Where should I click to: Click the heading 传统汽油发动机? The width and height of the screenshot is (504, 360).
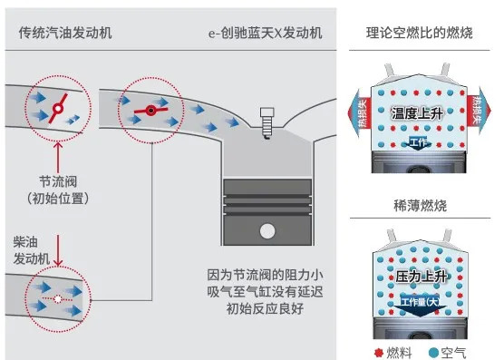click(65, 33)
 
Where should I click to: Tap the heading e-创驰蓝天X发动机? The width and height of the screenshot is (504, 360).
click(266, 33)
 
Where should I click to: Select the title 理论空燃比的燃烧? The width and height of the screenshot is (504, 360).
click(420, 33)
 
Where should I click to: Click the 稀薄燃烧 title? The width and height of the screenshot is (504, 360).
click(420, 206)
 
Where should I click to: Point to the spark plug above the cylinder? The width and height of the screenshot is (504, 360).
click(267, 123)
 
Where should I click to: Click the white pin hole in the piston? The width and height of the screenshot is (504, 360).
click(267, 231)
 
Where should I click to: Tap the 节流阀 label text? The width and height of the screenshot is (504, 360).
click(58, 181)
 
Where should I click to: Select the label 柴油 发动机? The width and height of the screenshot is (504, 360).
click(31, 250)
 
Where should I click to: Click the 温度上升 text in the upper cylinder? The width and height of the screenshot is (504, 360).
click(417, 113)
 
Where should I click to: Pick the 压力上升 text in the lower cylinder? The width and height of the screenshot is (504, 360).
click(422, 277)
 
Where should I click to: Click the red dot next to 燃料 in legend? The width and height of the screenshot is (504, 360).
click(379, 353)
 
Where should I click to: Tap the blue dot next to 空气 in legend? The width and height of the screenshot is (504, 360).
click(433, 353)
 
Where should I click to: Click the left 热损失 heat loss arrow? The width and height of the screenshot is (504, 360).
click(359, 112)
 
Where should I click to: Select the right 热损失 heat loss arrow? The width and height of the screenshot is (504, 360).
click(479, 111)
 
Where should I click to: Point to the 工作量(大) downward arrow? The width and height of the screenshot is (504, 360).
click(420, 306)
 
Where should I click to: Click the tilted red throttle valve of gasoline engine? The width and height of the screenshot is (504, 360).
click(58, 108)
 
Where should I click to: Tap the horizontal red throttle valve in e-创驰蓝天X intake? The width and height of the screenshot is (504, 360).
click(150, 111)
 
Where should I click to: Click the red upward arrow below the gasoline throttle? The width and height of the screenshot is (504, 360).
click(58, 158)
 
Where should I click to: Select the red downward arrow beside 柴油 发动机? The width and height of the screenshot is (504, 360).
click(58, 250)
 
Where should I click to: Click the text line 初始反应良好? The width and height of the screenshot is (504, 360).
click(266, 308)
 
